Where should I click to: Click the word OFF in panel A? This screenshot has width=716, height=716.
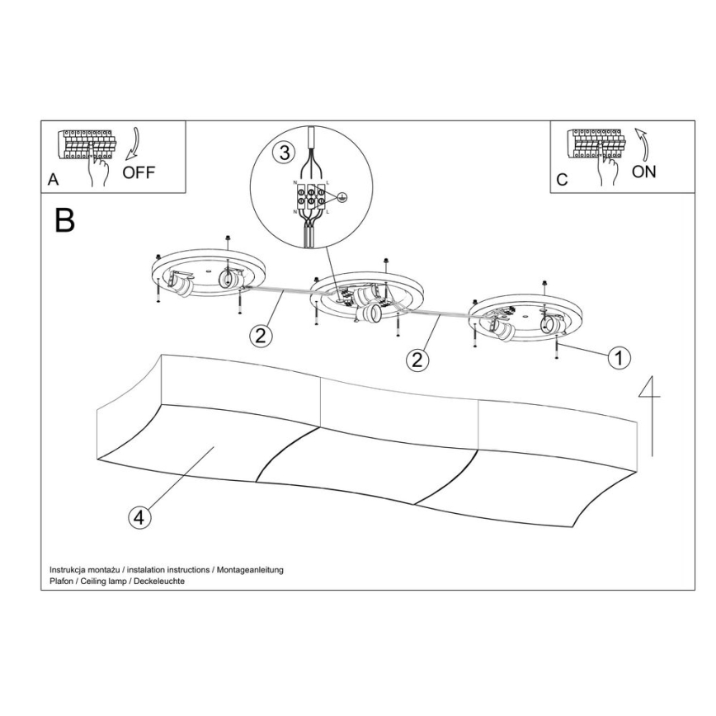coord(139,172)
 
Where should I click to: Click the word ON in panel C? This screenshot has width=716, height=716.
coord(644,172)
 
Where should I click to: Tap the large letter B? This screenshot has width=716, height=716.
coord(64,220)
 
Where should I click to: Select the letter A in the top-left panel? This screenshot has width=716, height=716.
coord(54,180)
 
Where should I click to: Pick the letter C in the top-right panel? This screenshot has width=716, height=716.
coord(562,180)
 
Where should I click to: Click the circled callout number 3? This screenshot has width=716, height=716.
coord(285,153)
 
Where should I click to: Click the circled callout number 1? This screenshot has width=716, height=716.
coord(619,357)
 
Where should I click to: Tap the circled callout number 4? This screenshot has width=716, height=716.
coord(139,518)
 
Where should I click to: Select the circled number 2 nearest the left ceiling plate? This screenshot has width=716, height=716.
coord(261,336)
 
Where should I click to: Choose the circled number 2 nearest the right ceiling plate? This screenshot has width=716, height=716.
coord(417,360)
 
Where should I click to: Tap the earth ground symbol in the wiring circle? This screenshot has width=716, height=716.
coord(342,197)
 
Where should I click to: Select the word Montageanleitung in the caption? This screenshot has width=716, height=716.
coord(250,570)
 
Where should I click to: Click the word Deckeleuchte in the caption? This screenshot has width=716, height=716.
coord(159,581)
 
